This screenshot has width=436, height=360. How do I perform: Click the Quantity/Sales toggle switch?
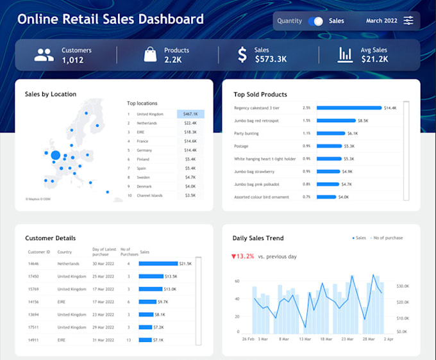(x=315, y=21)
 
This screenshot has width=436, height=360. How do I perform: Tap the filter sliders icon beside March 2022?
(x=408, y=21)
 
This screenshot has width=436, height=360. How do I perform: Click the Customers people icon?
(x=44, y=55)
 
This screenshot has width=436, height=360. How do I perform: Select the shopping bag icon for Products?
(x=150, y=55)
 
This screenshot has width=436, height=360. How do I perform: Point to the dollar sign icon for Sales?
(x=242, y=55)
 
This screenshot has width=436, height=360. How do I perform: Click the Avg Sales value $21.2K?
(x=374, y=60)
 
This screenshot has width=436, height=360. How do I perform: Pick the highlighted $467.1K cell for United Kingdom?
(x=190, y=114)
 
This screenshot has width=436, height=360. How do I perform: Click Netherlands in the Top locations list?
(x=148, y=123)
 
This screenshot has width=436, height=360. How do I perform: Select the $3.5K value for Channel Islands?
(x=190, y=195)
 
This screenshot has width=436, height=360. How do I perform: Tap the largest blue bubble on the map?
(x=56, y=155)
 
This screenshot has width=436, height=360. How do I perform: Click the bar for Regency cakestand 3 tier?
(x=349, y=108)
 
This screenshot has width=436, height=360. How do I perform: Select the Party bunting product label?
(x=247, y=133)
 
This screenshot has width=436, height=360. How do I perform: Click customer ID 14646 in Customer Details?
(x=34, y=263)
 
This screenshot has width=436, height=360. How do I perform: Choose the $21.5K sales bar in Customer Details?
(x=158, y=263)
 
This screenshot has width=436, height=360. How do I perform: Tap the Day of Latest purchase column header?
(x=105, y=251)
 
